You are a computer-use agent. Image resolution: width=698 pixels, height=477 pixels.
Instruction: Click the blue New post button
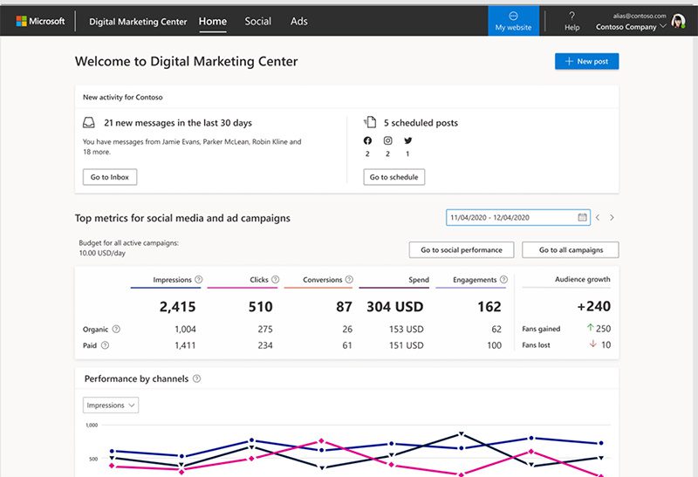tap(586, 61)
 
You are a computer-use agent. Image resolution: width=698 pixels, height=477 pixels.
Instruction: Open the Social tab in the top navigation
tap(257, 21)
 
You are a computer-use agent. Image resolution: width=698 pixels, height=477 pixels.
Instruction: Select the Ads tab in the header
tap(299, 21)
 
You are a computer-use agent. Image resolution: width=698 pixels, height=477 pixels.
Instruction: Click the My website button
tap(513, 21)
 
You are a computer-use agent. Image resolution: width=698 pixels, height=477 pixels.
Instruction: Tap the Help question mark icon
tap(571, 16)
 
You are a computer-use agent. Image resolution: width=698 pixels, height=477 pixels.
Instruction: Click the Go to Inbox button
tap(109, 177)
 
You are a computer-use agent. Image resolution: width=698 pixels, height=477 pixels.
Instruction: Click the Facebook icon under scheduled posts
tap(367, 140)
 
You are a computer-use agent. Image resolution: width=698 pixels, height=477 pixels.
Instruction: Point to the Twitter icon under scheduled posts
tap(407, 140)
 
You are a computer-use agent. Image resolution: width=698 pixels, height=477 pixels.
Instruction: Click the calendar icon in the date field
tap(582, 217)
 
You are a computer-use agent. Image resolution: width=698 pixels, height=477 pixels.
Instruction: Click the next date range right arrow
tap(612, 217)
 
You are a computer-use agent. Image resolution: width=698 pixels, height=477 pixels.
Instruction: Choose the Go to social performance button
tap(461, 249)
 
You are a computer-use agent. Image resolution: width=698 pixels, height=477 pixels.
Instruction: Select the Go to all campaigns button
tap(570, 249)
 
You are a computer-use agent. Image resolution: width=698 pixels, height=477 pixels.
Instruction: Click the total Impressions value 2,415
tap(177, 306)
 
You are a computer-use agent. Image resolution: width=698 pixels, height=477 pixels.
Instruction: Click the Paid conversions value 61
tap(347, 345)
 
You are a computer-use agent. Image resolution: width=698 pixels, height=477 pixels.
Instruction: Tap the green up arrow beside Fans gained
tap(590, 329)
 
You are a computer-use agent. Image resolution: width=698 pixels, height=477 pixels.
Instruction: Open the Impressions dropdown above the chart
tap(111, 405)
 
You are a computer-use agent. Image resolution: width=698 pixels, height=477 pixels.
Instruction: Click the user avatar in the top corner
tap(678, 22)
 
